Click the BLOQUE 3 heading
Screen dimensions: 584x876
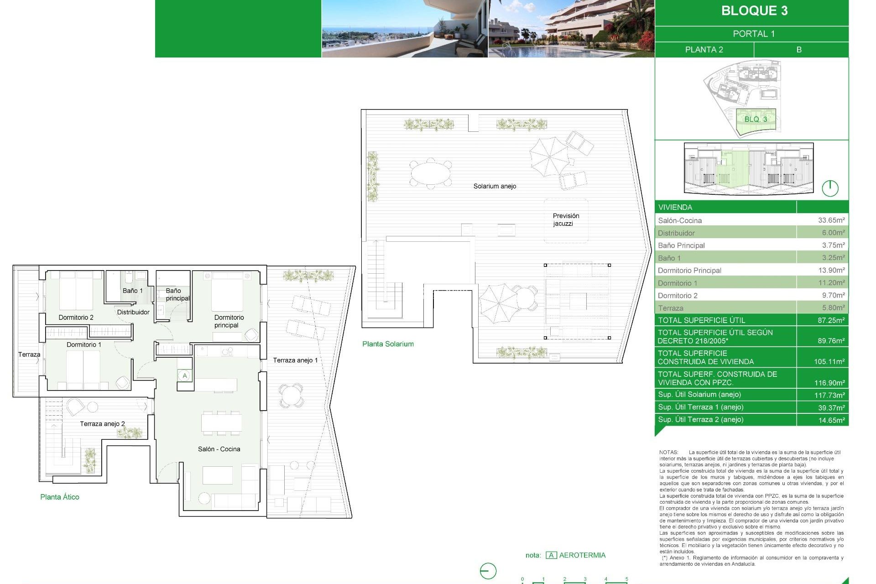[x=754, y=11]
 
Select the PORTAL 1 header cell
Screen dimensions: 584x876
[x=753, y=34]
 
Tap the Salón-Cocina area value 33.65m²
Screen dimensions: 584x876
[x=831, y=220]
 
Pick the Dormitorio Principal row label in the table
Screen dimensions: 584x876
[x=689, y=271]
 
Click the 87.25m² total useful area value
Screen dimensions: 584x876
[x=831, y=320]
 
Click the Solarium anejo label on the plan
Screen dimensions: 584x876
[x=495, y=186]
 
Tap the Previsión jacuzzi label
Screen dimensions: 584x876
[x=566, y=219]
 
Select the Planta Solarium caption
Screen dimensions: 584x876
[x=388, y=344]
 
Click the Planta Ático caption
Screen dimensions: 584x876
[x=60, y=497]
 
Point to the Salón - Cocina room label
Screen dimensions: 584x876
[x=219, y=449]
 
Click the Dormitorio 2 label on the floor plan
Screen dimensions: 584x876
[x=76, y=318]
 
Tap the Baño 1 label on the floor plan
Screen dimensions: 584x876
[x=132, y=291]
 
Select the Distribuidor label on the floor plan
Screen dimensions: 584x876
[x=133, y=312]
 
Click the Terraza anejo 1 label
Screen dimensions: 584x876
[x=295, y=360]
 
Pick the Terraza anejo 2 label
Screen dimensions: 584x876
[x=102, y=424]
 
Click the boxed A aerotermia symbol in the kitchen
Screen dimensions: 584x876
[x=185, y=376]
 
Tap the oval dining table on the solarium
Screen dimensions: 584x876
[x=430, y=173]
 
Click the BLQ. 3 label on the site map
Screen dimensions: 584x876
[x=756, y=119]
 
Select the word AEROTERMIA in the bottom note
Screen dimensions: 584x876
[x=582, y=555]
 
